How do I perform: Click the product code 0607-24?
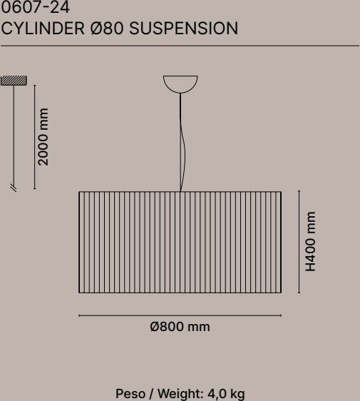[x=35, y=7]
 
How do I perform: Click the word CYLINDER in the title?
[x=43, y=28]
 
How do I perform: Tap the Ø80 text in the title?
[x=107, y=28]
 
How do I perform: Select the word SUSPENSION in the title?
[x=184, y=28]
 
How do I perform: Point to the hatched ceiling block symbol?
[x=14, y=81]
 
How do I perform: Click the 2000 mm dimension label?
[x=43, y=137]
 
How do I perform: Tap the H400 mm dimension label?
[x=311, y=241]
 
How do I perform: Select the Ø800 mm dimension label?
[x=180, y=327]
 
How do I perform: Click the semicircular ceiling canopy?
[x=180, y=84]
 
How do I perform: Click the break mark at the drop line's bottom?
[x=14, y=188]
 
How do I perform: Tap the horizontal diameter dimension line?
[x=180, y=315]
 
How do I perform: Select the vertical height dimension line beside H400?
[x=299, y=242]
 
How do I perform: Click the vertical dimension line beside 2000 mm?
[x=34, y=137]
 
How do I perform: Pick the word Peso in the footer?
[x=130, y=394]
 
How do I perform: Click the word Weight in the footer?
[x=180, y=394]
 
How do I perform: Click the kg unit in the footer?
[x=237, y=395]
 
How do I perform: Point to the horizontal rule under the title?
[x=180, y=46]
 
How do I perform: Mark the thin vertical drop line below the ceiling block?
[x=14, y=135]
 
